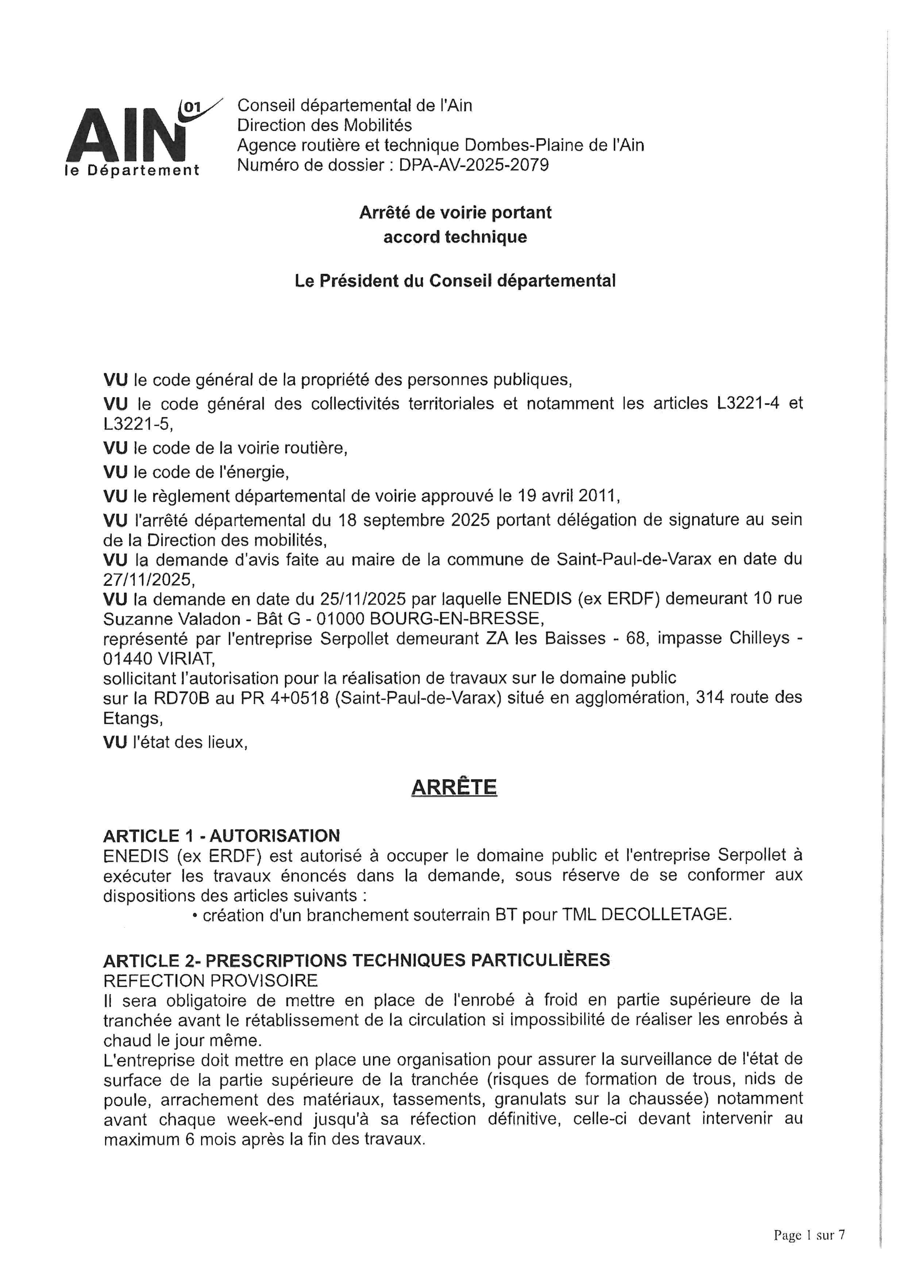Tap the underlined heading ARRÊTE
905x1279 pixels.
(x=454, y=787)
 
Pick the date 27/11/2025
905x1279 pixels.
(x=148, y=580)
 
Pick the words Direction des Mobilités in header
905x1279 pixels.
(x=324, y=125)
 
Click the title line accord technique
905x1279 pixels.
(x=455, y=237)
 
